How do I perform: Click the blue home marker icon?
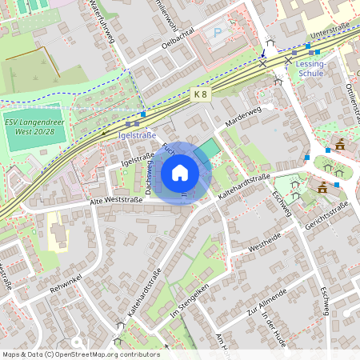(180, 173)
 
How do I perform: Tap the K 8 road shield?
(200, 94)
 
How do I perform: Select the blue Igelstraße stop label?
(137, 135)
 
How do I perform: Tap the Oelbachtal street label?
(178, 41)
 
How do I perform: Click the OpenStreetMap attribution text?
(81, 354)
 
